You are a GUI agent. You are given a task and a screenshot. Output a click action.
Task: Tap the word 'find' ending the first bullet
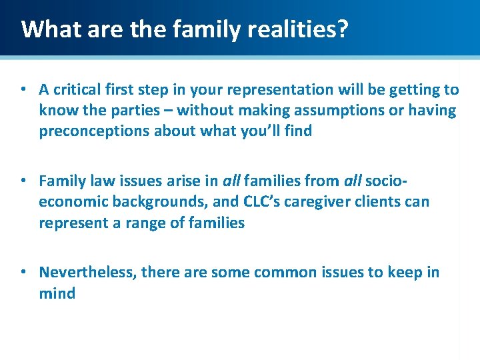point(298,131)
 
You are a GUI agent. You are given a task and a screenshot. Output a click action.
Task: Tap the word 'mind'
point(57,293)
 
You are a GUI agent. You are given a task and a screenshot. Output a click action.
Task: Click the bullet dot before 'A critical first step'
point(23,89)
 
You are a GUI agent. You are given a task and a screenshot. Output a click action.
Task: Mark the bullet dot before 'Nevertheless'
point(23,272)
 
